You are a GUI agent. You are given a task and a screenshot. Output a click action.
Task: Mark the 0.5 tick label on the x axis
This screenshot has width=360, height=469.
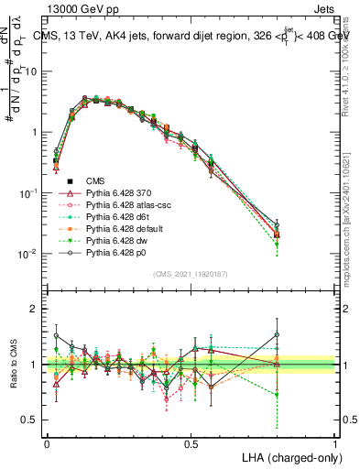(191, 443)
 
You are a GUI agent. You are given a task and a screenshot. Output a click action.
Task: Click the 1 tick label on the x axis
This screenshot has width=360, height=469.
(335, 443)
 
